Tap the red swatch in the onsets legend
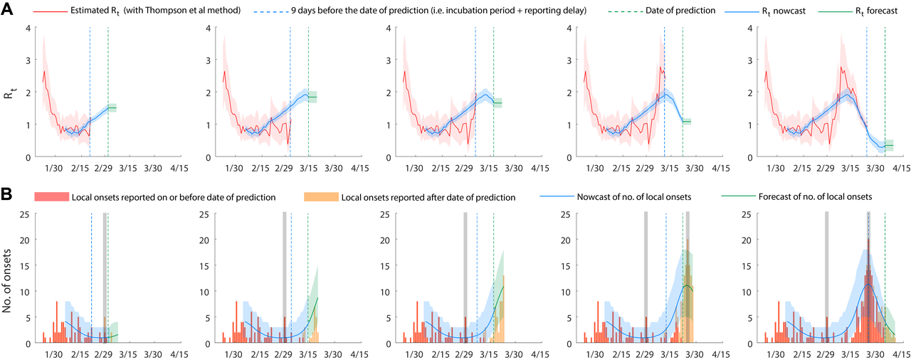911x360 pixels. pos(49,196)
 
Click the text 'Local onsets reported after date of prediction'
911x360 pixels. pos(428,196)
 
